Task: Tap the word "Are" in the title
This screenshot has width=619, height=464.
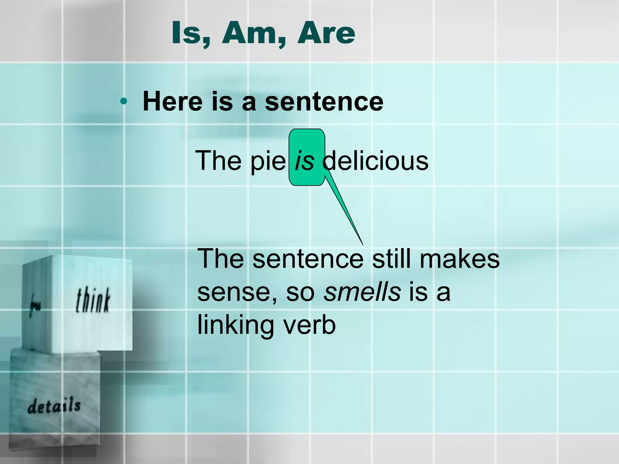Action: pyautogui.click(x=326, y=33)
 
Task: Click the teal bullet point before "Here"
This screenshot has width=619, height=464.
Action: pyautogui.click(x=123, y=101)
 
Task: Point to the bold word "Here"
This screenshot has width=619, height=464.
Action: pyautogui.click(x=173, y=101)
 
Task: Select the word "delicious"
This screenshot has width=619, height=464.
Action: pyautogui.click(x=375, y=161)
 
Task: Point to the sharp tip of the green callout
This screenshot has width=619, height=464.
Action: pyautogui.click(x=362, y=244)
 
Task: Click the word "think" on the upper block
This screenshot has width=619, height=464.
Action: pyautogui.click(x=93, y=300)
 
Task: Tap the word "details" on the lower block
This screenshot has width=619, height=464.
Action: pyautogui.click(x=54, y=406)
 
